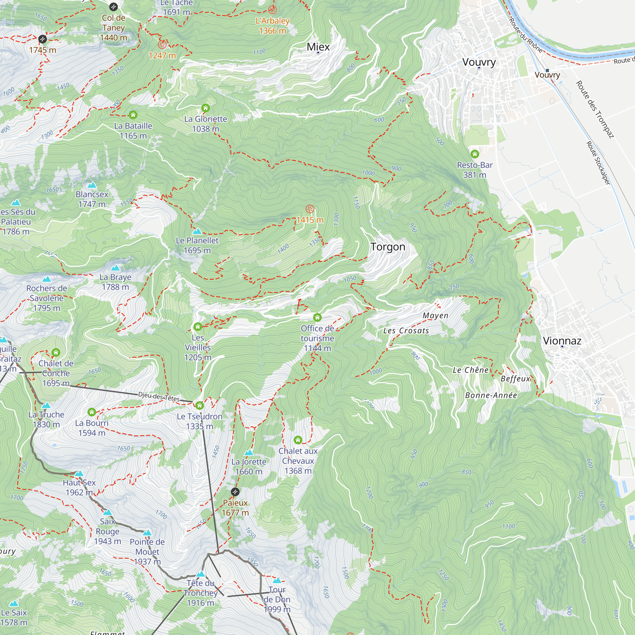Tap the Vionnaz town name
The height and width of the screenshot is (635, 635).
tap(562, 341)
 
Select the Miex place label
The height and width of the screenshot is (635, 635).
tap(318, 47)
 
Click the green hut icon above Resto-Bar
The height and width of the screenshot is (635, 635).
tap(475, 154)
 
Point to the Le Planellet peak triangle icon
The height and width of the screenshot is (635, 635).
tap(197, 231)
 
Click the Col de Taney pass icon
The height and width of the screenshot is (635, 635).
tap(113, 7)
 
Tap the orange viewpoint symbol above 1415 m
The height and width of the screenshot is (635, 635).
tap(310, 209)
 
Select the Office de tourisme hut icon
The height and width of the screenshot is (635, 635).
tap(317, 317)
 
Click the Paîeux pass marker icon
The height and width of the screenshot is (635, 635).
tap(235, 492)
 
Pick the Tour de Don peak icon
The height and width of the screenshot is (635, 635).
tap(277, 580)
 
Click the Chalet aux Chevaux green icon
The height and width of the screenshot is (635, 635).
tap(298, 440)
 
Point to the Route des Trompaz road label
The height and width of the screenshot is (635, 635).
tap(595, 110)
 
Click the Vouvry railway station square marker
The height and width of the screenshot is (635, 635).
tap(547, 70)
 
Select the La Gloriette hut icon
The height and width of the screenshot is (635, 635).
tap(205, 108)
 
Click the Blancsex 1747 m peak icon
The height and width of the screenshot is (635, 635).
tap(92, 185)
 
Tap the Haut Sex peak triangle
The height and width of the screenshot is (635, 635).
tap(79, 474)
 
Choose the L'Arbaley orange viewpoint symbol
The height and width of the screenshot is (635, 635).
tap(272, 10)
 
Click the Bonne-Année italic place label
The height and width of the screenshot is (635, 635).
tap(491, 395)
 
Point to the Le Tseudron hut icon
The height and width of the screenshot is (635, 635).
tap(199, 405)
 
